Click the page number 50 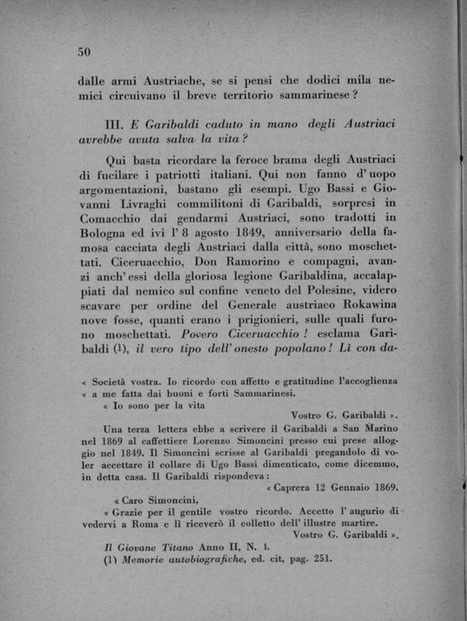point(85,51)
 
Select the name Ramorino point(212,248)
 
